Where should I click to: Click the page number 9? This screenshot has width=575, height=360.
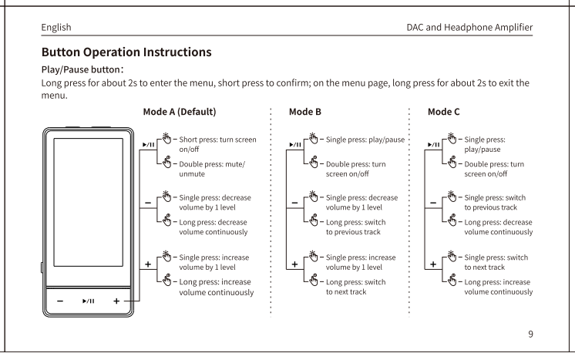[530, 334]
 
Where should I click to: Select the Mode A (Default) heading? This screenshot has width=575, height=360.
[180, 112]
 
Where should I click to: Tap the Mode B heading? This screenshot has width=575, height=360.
[304, 112]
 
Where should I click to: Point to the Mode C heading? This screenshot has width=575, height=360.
[443, 112]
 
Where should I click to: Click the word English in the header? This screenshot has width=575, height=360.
[56, 28]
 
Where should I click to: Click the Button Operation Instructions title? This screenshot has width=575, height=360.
[126, 52]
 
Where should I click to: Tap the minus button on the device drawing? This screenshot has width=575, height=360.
[60, 301]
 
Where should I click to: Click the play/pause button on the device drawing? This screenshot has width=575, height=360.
[89, 301]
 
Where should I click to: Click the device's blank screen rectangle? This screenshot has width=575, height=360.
[89, 202]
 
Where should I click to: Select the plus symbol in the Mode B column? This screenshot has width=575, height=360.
[294, 264]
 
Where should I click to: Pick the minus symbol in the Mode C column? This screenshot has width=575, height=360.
[433, 203]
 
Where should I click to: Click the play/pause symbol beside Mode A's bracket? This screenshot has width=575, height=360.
[149, 145]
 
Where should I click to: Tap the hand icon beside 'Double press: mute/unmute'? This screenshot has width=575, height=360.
[166, 162]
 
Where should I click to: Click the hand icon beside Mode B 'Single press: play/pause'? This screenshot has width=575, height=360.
[314, 138]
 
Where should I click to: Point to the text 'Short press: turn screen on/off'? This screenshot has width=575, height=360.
[217, 144]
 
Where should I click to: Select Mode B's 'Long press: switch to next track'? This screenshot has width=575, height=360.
[355, 287]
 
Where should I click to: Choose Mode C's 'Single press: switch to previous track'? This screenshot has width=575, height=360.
[495, 203]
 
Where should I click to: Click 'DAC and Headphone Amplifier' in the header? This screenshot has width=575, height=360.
[469, 28]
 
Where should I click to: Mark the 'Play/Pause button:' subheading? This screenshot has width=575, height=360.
[82, 69]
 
